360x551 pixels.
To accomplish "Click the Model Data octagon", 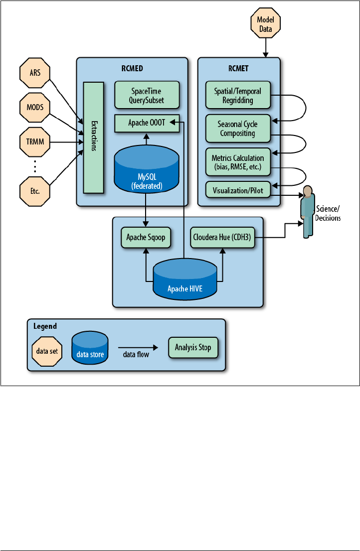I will pos(265,24).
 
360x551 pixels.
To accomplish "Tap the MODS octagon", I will pos(35,107).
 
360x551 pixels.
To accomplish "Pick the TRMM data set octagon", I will pos(35,141).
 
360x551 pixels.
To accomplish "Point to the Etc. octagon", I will pos(35,190).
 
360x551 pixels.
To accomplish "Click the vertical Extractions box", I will pos(93,137).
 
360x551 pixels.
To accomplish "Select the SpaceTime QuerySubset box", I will pos(147,95).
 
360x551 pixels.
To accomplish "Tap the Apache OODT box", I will pos(147,123).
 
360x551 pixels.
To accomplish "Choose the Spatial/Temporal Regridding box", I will pos(238,95).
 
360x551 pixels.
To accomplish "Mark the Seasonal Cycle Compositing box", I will pos(238,129).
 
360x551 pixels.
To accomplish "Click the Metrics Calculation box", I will pos(238,161).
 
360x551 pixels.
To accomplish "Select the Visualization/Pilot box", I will pos(238,190).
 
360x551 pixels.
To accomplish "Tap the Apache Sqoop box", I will pos(146,238).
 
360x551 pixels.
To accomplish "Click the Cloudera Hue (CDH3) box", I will pos(222,238).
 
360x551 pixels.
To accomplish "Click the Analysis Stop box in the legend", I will pos(193,347).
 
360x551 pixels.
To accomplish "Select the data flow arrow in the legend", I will pos(138,346).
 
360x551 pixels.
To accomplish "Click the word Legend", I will pos(45,326).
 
